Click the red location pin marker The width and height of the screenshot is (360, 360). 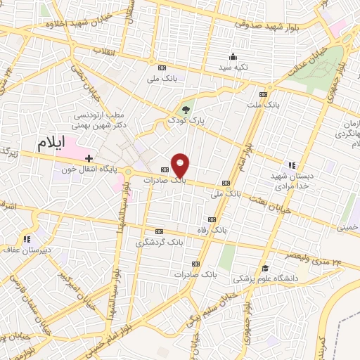(181, 165)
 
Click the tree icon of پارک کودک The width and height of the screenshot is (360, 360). (186, 109)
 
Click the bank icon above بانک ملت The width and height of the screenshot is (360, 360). (264, 94)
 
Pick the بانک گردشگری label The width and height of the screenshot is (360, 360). (160, 241)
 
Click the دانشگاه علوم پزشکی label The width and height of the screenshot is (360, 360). (266, 278)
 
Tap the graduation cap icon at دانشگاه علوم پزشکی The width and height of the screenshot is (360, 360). (265, 268)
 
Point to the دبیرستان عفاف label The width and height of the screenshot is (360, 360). (21, 250)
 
